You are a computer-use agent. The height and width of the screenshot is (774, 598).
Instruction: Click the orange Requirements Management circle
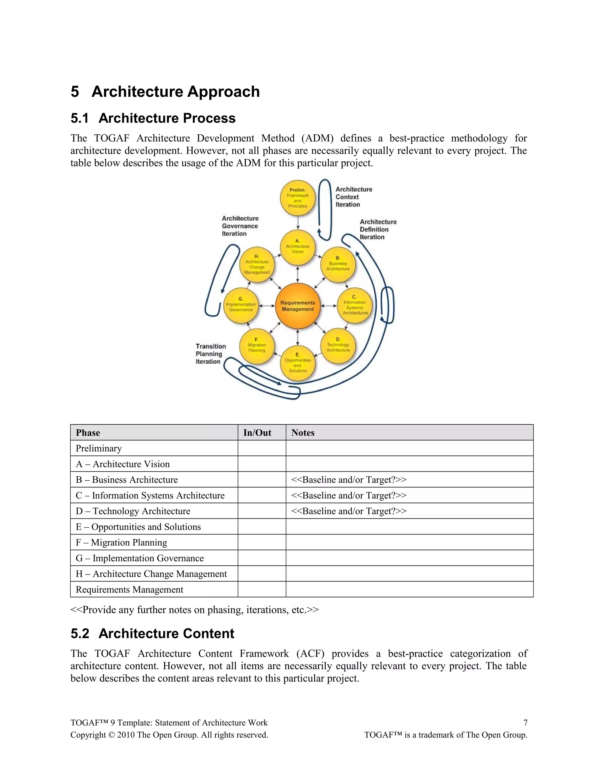(x=298, y=306)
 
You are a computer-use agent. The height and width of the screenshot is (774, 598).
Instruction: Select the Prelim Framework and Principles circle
(x=298, y=198)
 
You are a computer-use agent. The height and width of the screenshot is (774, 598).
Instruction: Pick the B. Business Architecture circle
(x=338, y=264)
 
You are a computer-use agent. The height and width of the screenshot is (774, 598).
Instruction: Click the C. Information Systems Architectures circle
(x=354, y=306)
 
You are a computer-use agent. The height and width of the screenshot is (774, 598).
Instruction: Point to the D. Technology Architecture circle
(x=338, y=346)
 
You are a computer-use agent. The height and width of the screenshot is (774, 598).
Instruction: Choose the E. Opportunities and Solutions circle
(x=298, y=363)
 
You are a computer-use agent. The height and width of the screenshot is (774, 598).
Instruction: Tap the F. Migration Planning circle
(x=257, y=346)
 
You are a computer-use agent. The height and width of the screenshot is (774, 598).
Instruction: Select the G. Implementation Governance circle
(x=241, y=306)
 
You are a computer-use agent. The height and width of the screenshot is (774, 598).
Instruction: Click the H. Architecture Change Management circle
(x=257, y=265)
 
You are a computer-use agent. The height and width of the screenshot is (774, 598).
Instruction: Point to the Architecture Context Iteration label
(x=354, y=197)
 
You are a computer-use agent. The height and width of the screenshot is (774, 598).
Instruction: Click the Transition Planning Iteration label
(x=211, y=354)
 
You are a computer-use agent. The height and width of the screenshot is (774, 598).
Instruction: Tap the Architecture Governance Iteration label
(x=240, y=226)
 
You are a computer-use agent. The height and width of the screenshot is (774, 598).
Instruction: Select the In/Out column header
(x=257, y=433)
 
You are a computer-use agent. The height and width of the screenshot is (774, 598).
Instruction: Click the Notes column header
(x=303, y=433)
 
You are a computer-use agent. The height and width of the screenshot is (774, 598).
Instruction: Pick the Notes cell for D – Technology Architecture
(x=409, y=511)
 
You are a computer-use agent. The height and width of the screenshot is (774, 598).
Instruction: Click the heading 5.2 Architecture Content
(x=152, y=633)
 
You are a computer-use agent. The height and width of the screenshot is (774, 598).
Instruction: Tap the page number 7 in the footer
(x=525, y=723)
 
